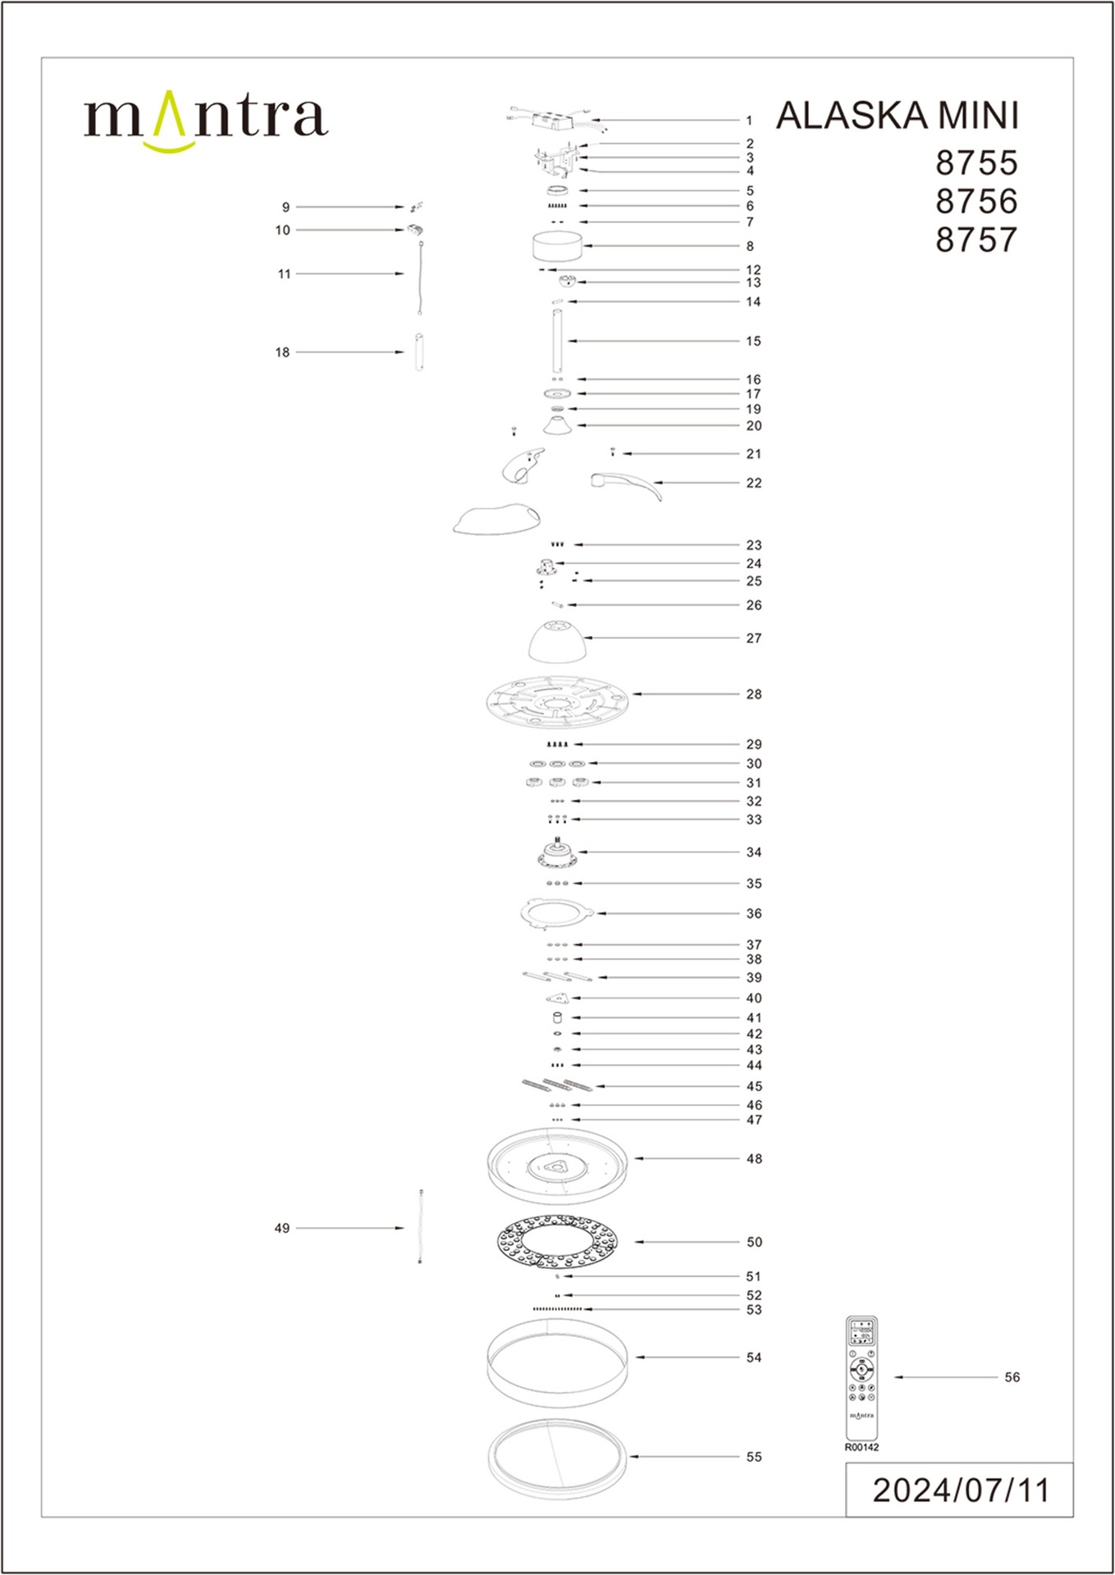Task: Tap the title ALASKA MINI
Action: (x=898, y=116)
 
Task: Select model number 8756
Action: (x=976, y=201)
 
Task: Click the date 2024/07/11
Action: (x=961, y=1491)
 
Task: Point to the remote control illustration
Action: (x=861, y=1377)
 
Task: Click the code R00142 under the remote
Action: (x=861, y=1447)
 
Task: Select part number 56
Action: (x=1012, y=1377)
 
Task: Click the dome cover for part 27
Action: (x=557, y=641)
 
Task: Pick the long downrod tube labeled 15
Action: (x=557, y=340)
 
